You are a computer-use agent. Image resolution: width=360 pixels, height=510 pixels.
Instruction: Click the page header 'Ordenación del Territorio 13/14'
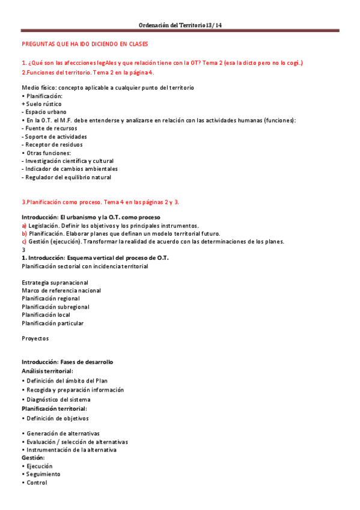(180, 25)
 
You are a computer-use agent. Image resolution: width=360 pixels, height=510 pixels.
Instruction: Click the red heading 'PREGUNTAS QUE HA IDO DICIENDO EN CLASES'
(85, 45)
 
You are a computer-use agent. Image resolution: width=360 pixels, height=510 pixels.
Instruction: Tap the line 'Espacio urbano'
(45, 112)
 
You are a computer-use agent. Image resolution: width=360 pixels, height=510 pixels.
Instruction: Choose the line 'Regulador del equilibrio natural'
(67, 177)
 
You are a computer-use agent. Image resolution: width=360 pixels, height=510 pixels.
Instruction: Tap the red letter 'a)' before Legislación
(24, 226)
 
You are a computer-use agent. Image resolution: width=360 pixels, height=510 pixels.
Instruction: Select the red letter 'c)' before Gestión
(24, 242)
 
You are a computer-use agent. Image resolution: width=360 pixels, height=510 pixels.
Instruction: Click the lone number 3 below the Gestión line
(23, 250)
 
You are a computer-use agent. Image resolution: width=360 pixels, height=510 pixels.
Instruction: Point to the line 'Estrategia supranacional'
(55, 283)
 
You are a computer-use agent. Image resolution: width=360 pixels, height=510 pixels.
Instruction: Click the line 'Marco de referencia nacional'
(61, 290)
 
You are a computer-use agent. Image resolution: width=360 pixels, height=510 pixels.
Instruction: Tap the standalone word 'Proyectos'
(35, 339)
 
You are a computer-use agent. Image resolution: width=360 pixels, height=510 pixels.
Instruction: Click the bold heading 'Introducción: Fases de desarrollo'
(67, 362)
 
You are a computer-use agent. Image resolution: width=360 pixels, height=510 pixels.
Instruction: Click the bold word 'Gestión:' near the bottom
(33, 458)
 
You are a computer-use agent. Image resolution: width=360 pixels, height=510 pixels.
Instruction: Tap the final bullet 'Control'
(36, 482)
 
